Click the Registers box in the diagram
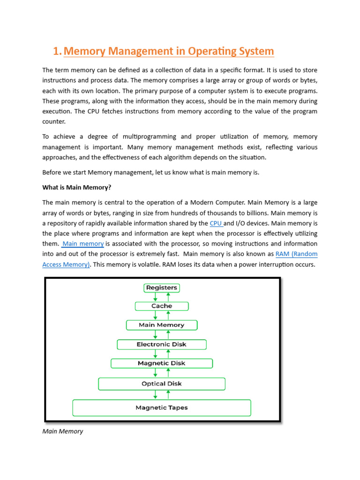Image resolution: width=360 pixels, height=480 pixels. [x=162, y=288]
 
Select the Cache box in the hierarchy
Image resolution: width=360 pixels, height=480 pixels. [x=162, y=306]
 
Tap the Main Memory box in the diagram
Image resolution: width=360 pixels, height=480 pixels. [x=162, y=325]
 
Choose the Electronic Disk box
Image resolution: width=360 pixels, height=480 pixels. [x=162, y=345]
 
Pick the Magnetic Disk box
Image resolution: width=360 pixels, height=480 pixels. [x=162, y=363]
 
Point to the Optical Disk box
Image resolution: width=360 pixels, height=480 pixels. [x=162, y=384]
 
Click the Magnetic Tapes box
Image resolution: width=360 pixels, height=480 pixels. [x=162, y=408]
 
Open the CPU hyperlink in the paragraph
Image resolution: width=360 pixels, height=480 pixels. [x=216, y=223]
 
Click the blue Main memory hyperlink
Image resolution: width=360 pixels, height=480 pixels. [x=83, y=244]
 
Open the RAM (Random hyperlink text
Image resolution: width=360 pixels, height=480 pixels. [x=295, y=254]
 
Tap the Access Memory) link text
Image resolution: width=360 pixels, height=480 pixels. [x=66, y=264]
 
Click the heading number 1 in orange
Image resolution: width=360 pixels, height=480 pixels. [x=56, y=51]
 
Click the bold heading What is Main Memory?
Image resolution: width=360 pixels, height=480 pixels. [x=77, y=187]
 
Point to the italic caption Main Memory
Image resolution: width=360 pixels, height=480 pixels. [x=62, y=431]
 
